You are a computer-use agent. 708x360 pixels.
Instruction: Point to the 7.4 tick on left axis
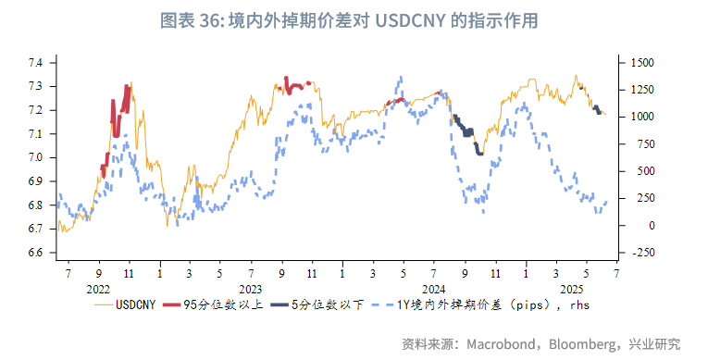click(x=37, y=63)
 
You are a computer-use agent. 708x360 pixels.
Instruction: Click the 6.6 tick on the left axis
click(x=37, y=253)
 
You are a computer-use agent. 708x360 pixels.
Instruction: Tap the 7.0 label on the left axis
click(x=37, y=157)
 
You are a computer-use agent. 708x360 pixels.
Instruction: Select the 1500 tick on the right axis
click(x=641, y=63)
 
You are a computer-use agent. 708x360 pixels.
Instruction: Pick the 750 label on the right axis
click(x=638, y=144)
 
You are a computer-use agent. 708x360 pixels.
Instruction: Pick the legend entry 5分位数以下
click(x=329, y=304)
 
